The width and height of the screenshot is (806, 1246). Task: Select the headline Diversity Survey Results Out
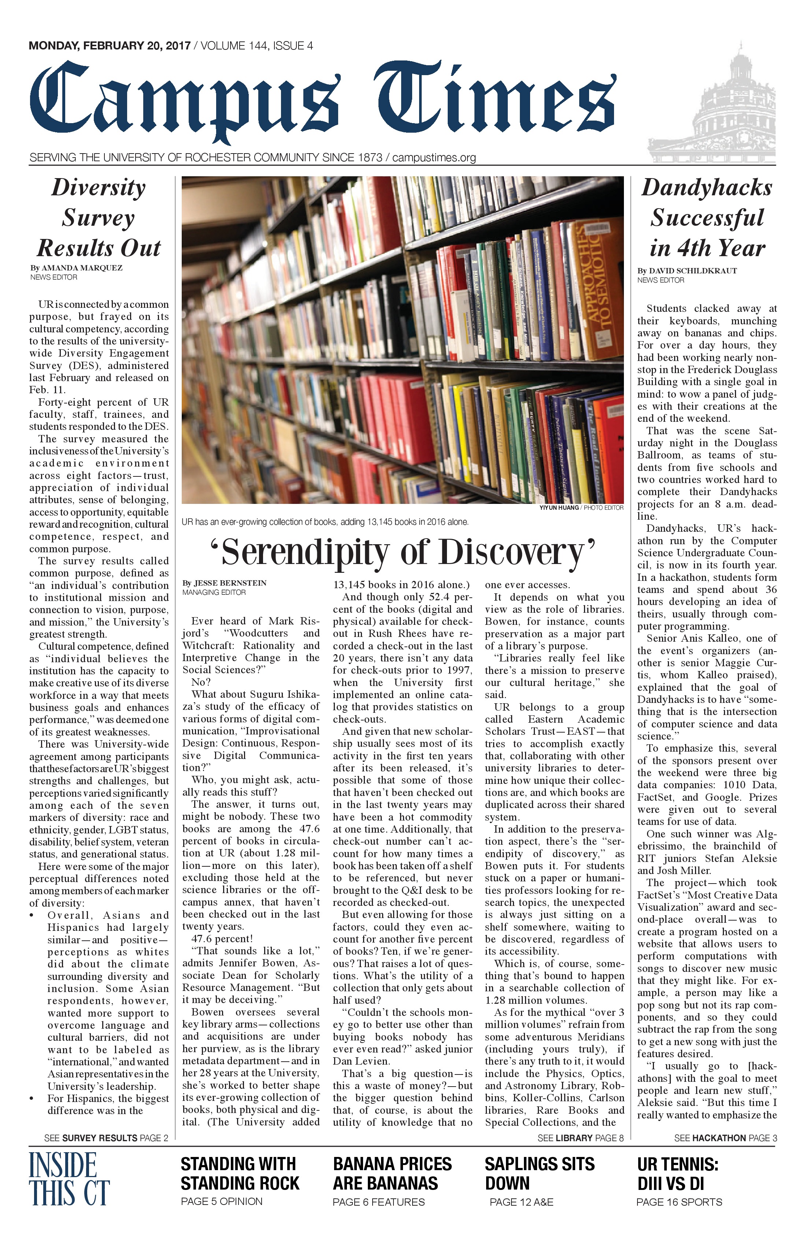tap(99, 218)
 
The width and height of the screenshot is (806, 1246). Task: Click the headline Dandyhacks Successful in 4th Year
tap(707, 218)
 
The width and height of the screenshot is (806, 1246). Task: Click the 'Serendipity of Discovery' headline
tap(403, 552)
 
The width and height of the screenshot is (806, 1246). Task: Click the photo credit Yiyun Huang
tap(559, 507)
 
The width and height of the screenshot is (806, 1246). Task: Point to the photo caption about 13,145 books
tap(325, 522)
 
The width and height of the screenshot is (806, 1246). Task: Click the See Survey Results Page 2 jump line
tap(106, 1138)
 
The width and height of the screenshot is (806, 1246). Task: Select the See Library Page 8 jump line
tap(580, 1138)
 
